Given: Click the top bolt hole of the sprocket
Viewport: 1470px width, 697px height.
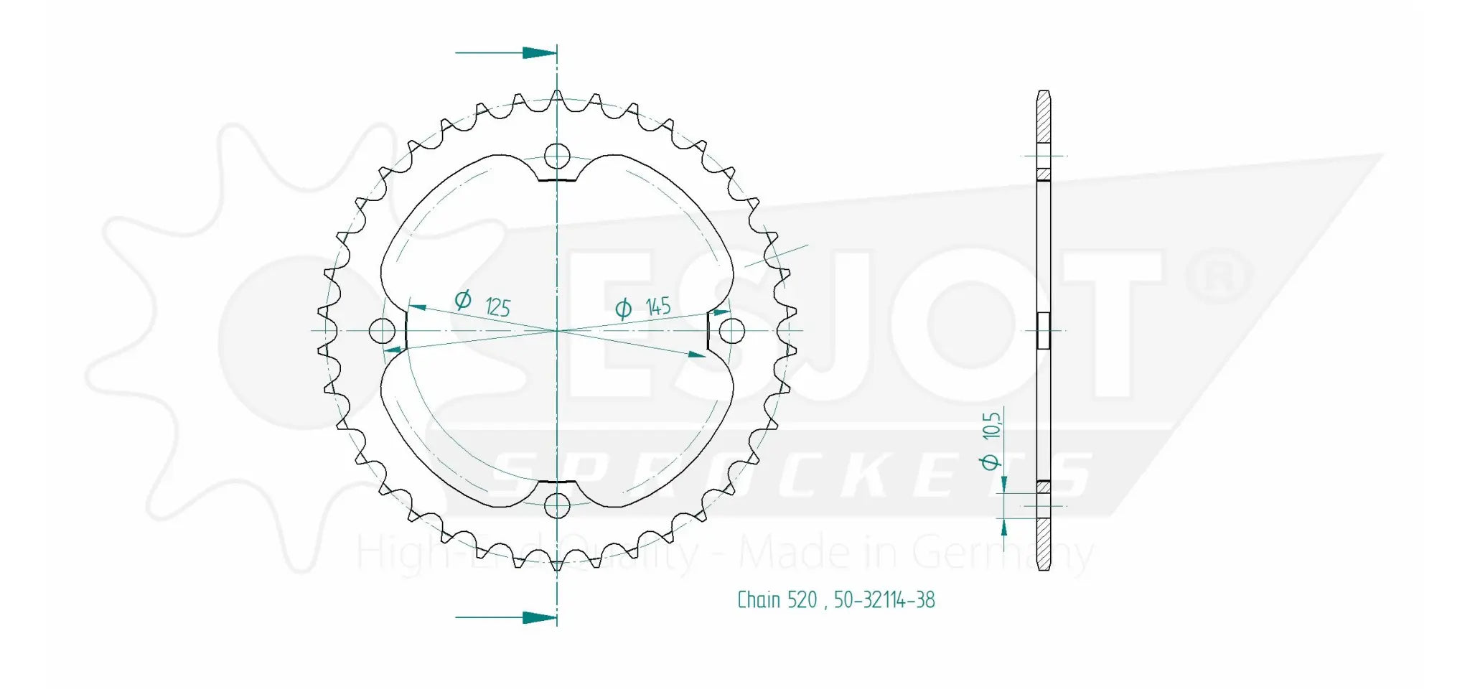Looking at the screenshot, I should tap(557, 156).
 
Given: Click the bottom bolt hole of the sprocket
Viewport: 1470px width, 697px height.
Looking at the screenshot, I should tap(557, 506).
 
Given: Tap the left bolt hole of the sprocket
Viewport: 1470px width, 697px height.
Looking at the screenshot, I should tap(382, 331).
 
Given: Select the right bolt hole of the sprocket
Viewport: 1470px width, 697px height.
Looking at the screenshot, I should tap(732, 331).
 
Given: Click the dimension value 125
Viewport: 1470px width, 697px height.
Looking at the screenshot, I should tap(497, 307).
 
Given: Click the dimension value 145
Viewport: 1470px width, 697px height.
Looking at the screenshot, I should tap(658, 307).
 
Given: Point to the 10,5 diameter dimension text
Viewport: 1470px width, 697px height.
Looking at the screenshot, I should tap(992, 426).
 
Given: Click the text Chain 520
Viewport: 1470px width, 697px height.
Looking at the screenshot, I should tap(777, 600).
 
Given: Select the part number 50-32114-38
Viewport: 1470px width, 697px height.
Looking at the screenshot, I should tap(884, 600).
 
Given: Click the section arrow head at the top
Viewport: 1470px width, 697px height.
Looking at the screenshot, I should tap(539, 52).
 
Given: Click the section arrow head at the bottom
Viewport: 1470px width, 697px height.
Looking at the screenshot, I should tap(539, 617).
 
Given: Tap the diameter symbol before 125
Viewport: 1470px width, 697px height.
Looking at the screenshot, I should tap(463, 299).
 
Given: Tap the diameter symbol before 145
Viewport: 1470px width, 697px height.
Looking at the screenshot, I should tap(623, 309).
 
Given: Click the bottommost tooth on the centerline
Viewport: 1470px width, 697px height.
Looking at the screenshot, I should tap(557, 565).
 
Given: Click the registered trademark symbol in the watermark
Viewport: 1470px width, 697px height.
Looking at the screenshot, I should tap(1218, 276).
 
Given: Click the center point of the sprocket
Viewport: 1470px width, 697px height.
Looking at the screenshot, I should tap(557, 331).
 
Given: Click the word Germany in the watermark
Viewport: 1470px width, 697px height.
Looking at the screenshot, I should tap(1002, 554).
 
